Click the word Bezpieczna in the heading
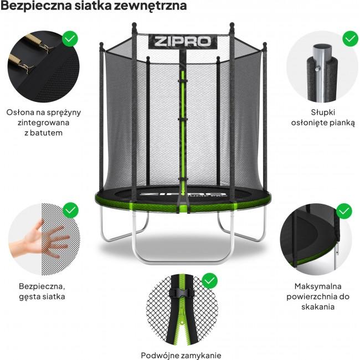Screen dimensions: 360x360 coord(33,7)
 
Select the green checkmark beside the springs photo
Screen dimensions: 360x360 coord(70,39)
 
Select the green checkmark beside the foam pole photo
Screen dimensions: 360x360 coord(350,38)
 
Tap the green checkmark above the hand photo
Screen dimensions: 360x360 coord(70,210)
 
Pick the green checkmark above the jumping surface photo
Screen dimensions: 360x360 coord(344,210)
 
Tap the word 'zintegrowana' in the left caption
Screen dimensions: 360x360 coord(43,122)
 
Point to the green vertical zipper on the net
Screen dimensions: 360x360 coord(178,122)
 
